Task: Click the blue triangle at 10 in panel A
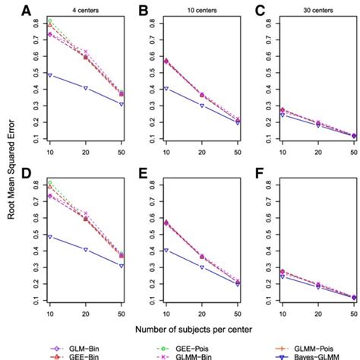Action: coord(50,75)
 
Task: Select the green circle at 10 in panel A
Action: coord(50,21)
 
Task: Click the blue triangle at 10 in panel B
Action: coord(166,89)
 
